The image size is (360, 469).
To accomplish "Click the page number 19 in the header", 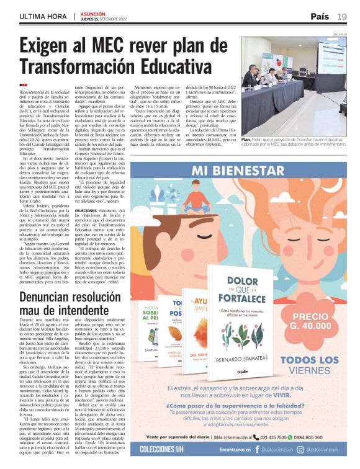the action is pos(342,16).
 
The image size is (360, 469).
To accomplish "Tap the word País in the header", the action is pos(320,16).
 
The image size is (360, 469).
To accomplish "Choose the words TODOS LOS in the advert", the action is pos(313,360).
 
